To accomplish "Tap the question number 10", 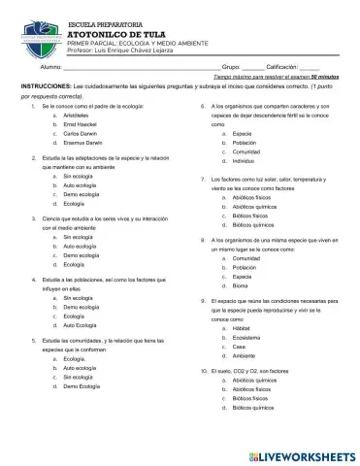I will pos(205,372).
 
